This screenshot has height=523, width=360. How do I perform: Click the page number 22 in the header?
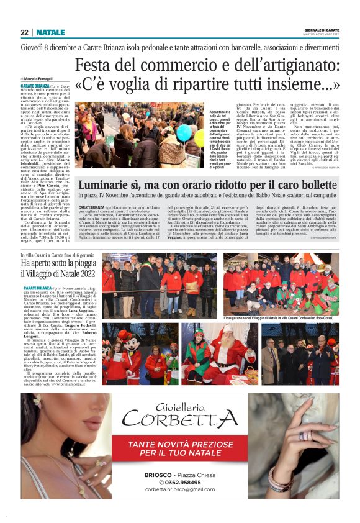coord(24,32)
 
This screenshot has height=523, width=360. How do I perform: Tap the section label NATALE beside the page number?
coord(50,32)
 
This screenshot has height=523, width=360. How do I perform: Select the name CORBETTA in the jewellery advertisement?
coord(181,418)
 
